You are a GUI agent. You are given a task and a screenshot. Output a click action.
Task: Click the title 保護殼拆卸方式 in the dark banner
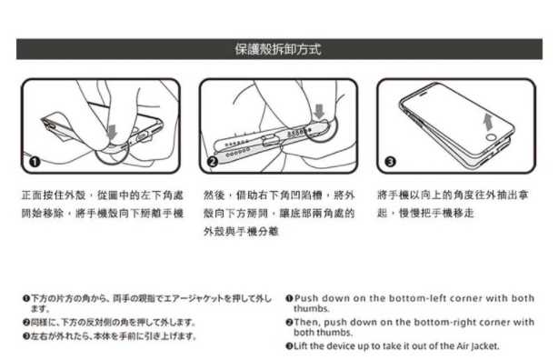278,49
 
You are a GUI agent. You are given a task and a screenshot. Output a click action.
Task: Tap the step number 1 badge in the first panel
35,162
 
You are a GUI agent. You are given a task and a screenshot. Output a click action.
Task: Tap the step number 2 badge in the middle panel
213,162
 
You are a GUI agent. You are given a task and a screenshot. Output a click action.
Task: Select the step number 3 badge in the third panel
391,162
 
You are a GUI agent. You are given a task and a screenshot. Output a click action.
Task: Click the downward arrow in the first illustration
113,132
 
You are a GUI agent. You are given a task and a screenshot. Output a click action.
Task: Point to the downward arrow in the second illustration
320,112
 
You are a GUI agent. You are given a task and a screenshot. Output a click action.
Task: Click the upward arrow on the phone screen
488,123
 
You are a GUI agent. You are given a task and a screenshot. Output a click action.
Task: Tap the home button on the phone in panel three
492,137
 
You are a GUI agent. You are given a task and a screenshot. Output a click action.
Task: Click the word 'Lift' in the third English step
301,345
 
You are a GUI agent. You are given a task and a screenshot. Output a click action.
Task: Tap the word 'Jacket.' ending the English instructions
485,346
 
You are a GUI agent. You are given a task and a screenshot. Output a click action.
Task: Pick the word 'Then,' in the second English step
307,322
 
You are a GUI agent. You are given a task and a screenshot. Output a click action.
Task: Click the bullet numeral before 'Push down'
289,298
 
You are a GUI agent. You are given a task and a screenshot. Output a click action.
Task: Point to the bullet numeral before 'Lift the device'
289,345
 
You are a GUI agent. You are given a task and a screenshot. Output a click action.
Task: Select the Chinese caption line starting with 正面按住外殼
103,195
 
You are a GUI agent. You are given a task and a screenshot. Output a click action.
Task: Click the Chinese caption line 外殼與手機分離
241,232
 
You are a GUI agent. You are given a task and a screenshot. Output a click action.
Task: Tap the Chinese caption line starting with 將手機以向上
453,195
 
